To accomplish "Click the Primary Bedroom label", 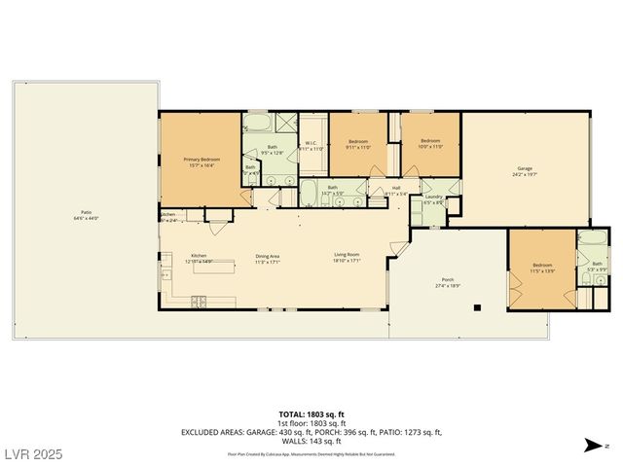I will pyautogui.click(x=202, y=162).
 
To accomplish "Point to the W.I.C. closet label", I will pyautogui.click(x=311, y=146).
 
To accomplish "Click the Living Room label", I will pyautogui.click(x=348, y=257).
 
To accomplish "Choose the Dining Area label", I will pyautogui.click(x=267, y=257).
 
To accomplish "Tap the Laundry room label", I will pyautogui.click(x=433, y=199).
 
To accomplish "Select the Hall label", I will pyautogui.click(x=397, y=190).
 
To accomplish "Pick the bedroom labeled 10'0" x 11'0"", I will pyautogui.click(x=430, y=144).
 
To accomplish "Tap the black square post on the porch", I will pyautogui.click(x=477, y=308).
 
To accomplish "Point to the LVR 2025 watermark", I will pyautogui.click(x=32, y=454).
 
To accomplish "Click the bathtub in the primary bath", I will pyautogui.click(x=259, y=124).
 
